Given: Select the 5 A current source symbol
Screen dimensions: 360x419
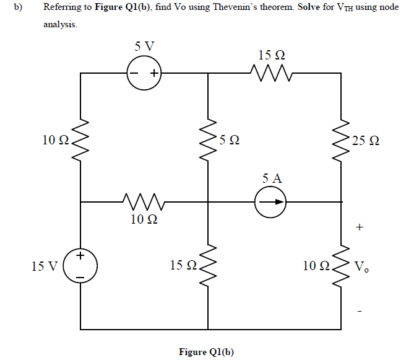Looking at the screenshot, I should click(x=271, y=202).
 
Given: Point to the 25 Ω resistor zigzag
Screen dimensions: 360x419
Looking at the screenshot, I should click(x=342, y=139).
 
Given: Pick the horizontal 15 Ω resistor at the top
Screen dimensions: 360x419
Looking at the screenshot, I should click(x=270, y=74).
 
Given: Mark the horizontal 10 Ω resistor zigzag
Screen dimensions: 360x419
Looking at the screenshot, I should click(x=144, y=201).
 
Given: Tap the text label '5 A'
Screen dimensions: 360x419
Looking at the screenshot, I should click(x=272, y=178).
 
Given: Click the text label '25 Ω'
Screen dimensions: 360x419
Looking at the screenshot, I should click(x=365, y=141).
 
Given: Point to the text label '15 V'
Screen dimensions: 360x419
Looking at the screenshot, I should click(x=45, y=266).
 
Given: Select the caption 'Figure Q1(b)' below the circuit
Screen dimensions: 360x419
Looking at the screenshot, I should click(x=207, y=352).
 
